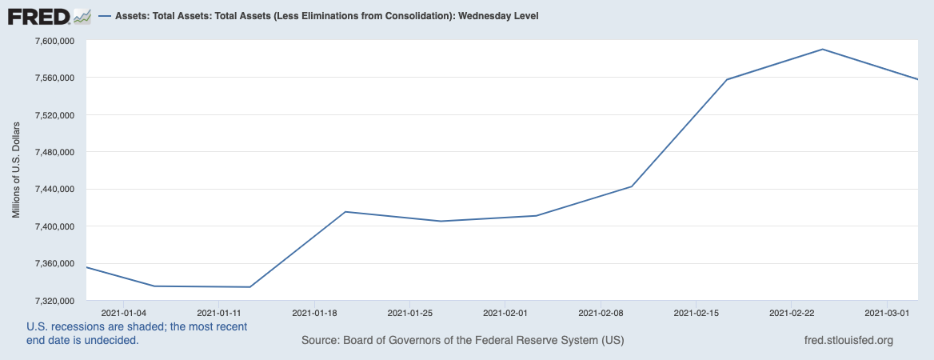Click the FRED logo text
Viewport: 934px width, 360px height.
point(38,15)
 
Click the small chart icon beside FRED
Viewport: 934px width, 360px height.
point(82,15)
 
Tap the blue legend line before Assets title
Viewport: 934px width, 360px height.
point(105,16)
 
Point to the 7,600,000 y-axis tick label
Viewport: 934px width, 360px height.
point(52,41)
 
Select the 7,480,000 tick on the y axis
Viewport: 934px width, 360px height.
point(52,152)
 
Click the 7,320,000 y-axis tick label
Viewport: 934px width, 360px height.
point(52,301)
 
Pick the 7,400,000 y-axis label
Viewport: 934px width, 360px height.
point(52,226)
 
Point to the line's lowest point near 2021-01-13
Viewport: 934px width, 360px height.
point(250,286)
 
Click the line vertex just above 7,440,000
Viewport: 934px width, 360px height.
point(632,186)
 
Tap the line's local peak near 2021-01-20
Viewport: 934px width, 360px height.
point(345,211)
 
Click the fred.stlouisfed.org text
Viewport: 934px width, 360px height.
point(848,340)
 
